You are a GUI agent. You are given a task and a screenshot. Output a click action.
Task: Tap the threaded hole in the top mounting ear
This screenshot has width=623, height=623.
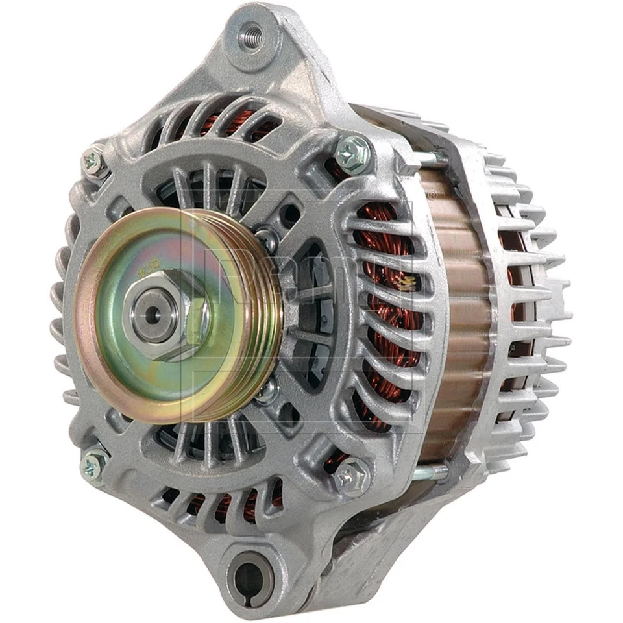pyautogui.click(x=252, y=33)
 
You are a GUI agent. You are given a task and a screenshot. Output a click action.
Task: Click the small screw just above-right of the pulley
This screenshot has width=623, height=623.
pyautogui.click(x=264, y=235)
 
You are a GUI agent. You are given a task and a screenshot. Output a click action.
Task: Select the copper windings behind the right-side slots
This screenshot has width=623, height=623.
pyautogui.click(x=389, y=311)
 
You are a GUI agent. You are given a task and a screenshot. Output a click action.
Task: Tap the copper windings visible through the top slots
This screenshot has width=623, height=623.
pyautogui.click(x=214, y=120)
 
